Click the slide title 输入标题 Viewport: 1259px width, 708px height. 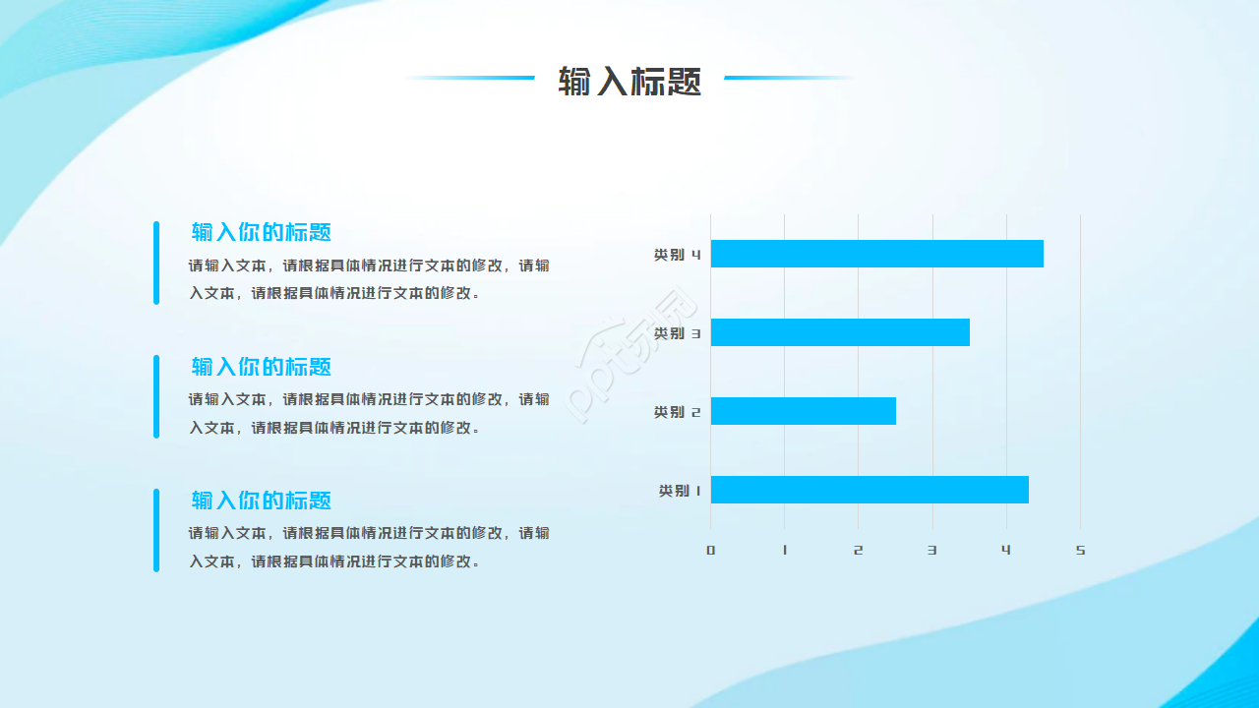pyautogui.click(x=629, y=81)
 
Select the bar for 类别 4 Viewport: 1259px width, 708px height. pyautogui.click(x=876, y=254)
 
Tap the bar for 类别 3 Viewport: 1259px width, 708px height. pyautogui.click(x=840, y=332)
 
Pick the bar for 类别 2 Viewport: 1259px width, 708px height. pyautogui.click(x=803, y=411)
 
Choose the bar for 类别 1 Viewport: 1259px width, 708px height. pyautogui.click(x=869, y=490)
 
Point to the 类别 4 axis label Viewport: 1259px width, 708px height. pyautogui.click(x=677, y=255)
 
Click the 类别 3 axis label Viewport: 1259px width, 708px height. pyautogui.click(x=677, y=333)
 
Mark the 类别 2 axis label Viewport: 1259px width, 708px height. pyautogui.click(x=677, y=412)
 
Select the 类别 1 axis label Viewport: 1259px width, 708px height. pyautogui.click(x=680, y=491)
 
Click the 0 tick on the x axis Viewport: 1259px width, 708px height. pyautogui.click(x=710, y=551)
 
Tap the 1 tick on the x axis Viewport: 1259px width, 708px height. pyautogui.click(x=785, y=551)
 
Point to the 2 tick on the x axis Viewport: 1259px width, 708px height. pyautogui.click(x=858, y=551)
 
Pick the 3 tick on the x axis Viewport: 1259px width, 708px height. pyautogui.click(x=932, y=551)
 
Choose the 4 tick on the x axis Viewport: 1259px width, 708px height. pyautogui.click(x=1006, y=551)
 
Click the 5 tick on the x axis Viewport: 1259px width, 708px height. pyautogui.click(x=1080, y=551)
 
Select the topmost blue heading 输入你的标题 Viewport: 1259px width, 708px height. pyautogui.click(x=262, y=233)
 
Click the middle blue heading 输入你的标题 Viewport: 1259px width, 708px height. pyautogui.click(x=262, y=367)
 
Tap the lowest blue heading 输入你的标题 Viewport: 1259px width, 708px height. pyautogui.click(x=262, y=501)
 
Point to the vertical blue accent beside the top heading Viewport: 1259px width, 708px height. pyautogui.click(x=156, y=263)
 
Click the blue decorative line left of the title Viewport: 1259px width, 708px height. pyautogui.click(x=472, y=78)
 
